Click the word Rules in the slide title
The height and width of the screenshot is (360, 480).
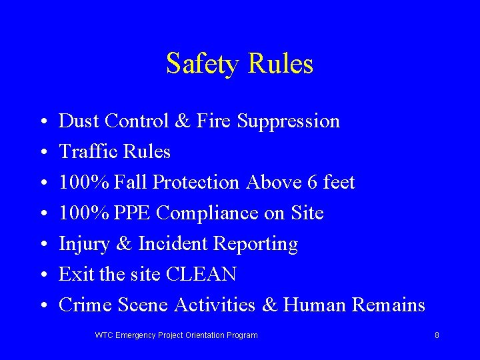point(280,64)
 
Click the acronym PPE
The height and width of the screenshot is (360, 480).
point(133,213)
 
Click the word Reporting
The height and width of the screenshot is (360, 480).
point(255,245)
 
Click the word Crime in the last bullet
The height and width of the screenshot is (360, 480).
point(85,305)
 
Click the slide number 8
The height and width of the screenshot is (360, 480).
point(437,335)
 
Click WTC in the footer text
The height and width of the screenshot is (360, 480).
point(104,335)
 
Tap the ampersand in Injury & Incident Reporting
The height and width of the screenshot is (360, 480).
point(123,244)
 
